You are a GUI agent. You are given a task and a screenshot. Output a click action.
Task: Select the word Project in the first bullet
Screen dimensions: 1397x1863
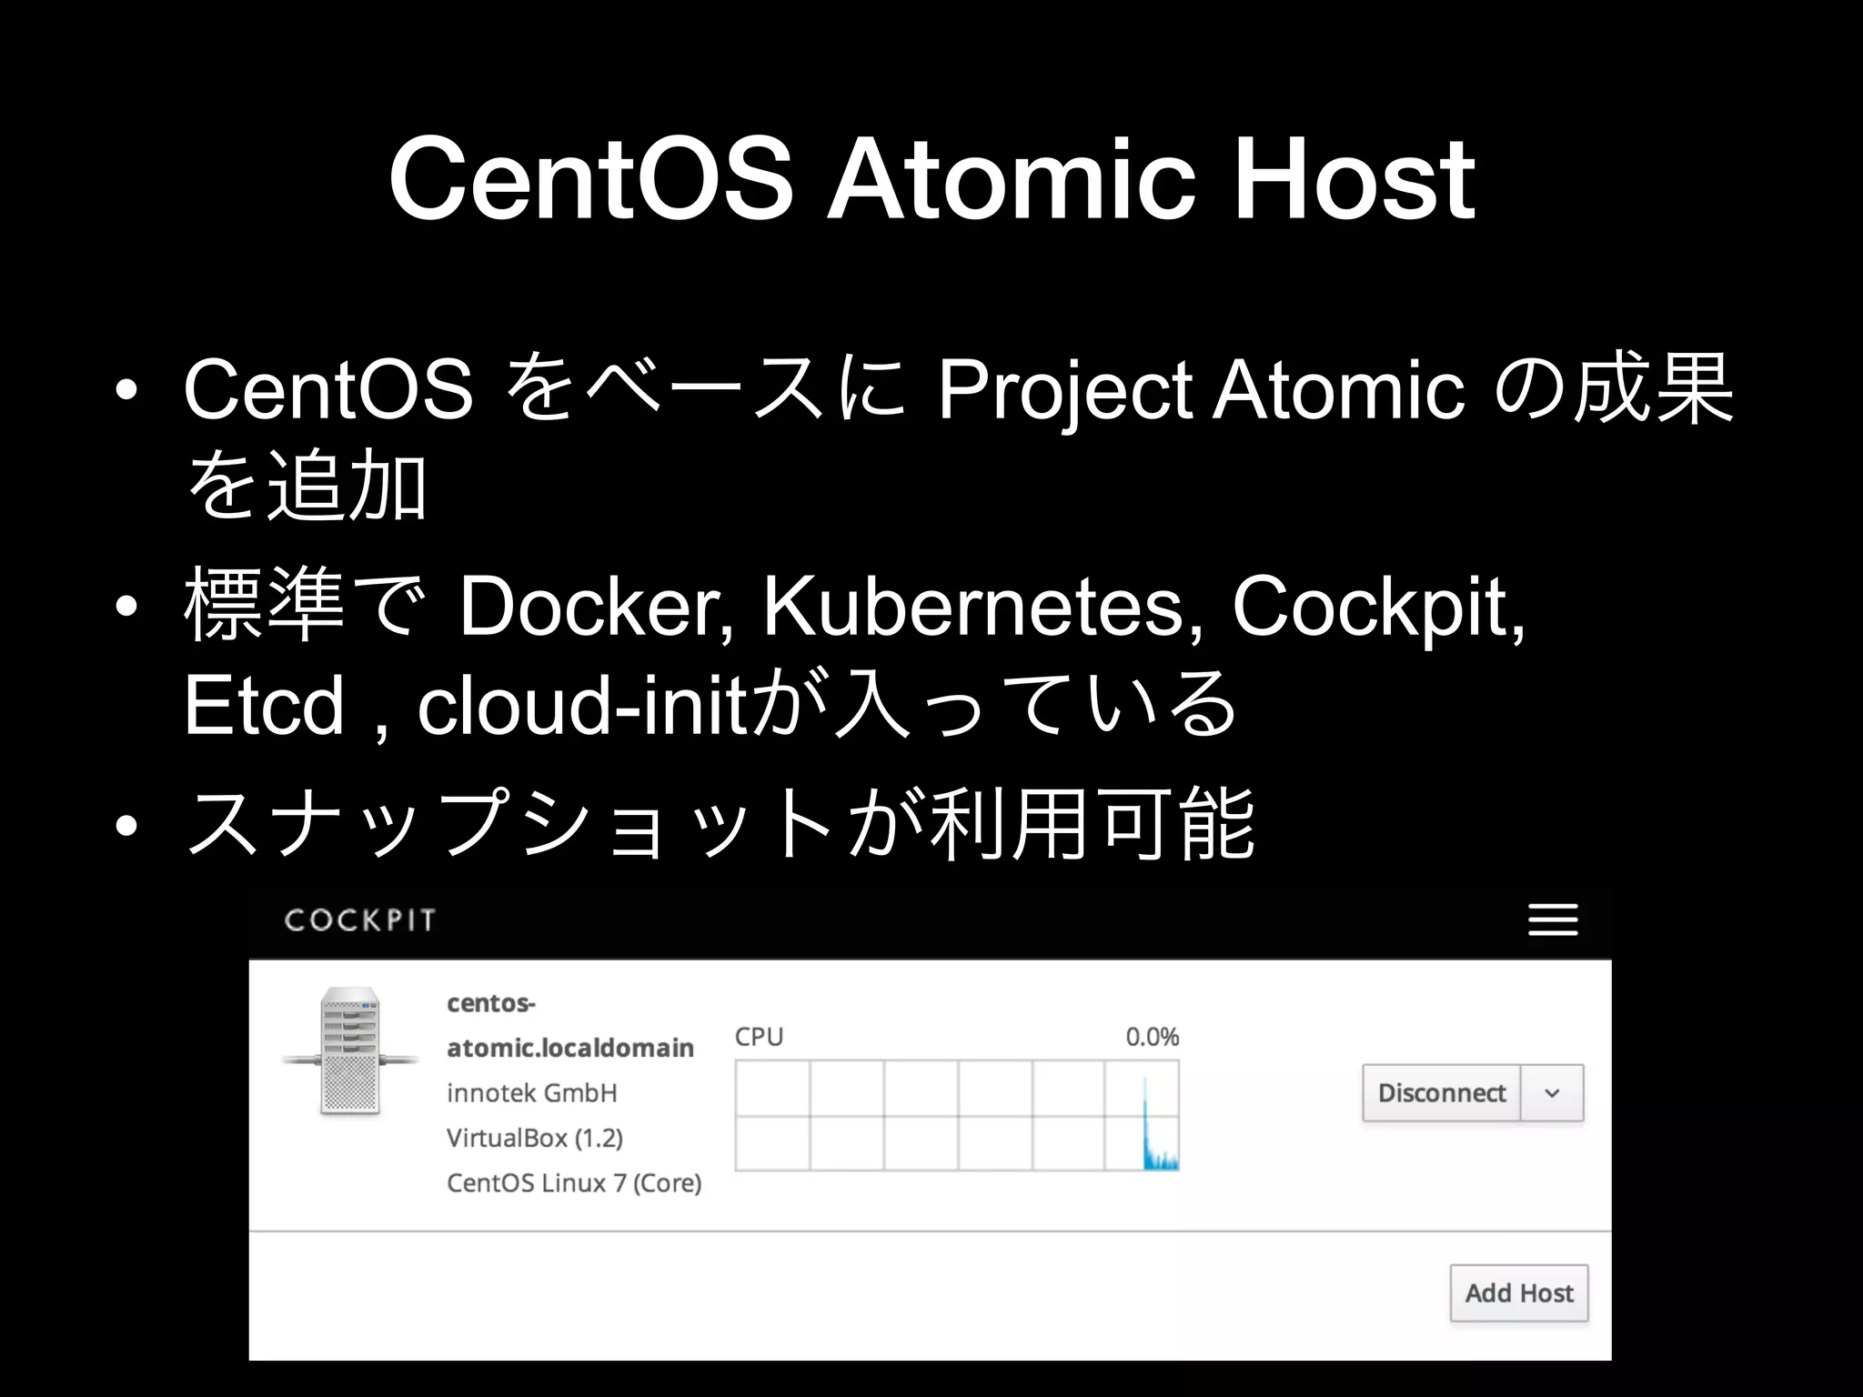click(x=1064, y=391)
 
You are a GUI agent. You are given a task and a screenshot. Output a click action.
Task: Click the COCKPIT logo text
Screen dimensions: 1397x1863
click(x=360, y=920)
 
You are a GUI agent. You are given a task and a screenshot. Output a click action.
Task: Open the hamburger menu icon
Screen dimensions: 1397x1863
click(x=1553, y=920)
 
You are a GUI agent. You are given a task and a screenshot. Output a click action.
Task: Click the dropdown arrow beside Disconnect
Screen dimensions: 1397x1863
click(x=1553, y=1093)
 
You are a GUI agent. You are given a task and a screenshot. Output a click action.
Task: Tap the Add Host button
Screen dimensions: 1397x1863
click(x=1518, y=1293)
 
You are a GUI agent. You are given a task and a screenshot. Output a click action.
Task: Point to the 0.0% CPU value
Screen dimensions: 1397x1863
click(x=1152, y=1037)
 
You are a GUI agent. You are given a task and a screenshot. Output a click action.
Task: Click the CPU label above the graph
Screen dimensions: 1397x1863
click(x=759, y=1037)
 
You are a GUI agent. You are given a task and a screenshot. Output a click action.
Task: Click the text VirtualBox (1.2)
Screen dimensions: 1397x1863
click(x=535, y=1138)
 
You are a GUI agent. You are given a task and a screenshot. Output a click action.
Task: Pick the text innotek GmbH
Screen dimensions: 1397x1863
click(x=532, y=1093)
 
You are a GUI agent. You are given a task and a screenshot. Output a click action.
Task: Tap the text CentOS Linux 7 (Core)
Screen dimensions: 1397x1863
click(x=574, y=1183)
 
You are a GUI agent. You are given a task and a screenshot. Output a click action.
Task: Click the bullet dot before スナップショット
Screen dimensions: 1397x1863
click(x=126, y=826)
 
